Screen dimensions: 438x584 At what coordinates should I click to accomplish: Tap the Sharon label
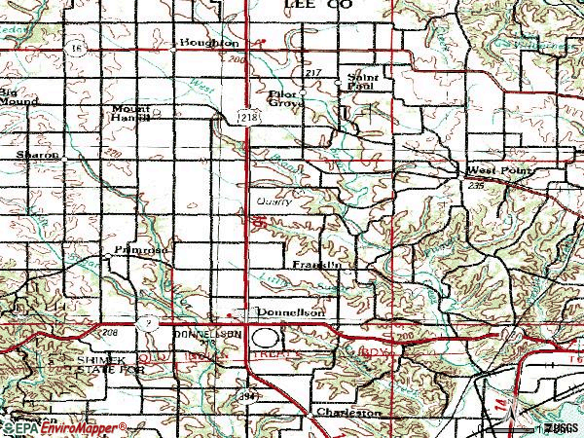tap(36, 155)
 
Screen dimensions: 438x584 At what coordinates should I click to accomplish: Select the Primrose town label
tap(147, 250)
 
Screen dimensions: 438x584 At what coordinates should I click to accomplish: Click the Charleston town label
tap(347, 413)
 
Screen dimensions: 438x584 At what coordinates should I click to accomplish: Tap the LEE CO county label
tap(317, 6)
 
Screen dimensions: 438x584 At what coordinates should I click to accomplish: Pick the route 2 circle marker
tap(145, 321)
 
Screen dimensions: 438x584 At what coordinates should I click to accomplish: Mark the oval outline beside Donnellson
tap(265, 338)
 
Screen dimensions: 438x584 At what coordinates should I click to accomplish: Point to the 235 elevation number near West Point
tap(475, 184)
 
